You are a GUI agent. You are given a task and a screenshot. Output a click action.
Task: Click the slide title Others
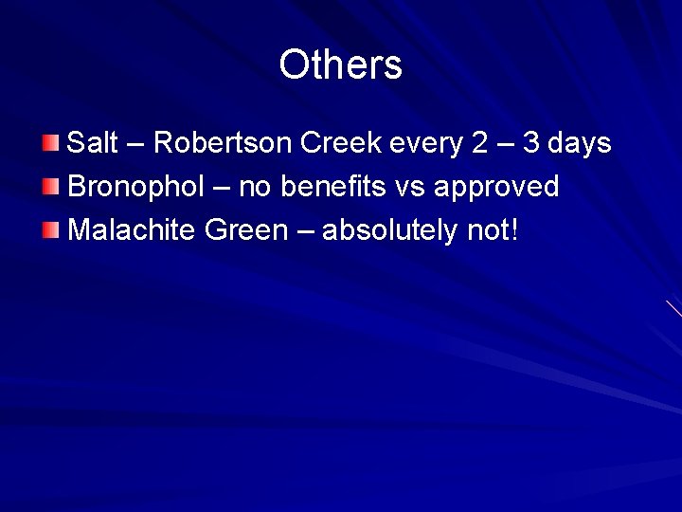coord(340,65)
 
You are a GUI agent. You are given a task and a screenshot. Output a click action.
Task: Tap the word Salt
coord(93,143)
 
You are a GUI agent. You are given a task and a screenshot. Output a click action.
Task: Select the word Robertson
coord(223,143)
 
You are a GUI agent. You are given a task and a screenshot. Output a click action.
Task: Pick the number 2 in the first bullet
coord(480,143)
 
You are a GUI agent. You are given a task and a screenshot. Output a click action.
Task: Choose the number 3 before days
coord(532,143)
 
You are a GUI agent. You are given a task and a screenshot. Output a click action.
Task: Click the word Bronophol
coord(136,187)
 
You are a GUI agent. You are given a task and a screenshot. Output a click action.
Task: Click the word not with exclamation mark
coord(494,229)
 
